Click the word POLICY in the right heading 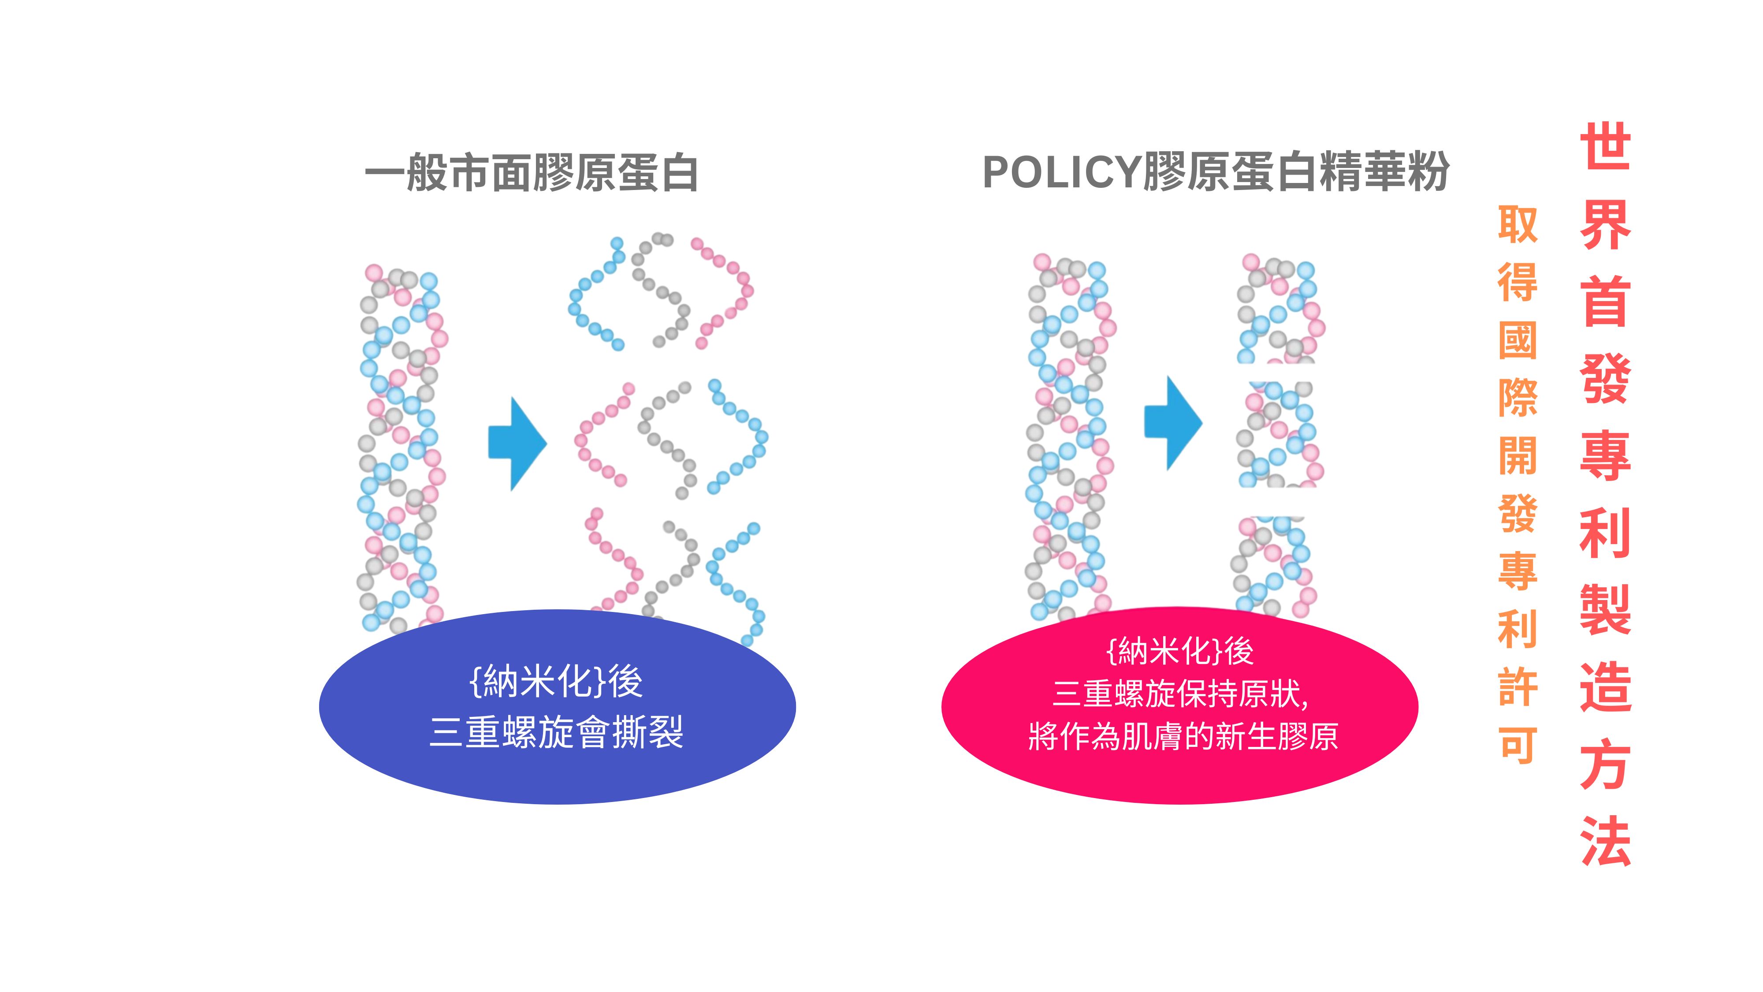[x=1061, y=172]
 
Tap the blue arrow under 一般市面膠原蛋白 [x=517, y=444]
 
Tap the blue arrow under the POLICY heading [x=1172, y=422]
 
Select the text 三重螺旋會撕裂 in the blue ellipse [x=556, y=732]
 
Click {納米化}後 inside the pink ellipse [x=1179, y=651]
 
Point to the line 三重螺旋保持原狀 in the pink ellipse [x=1179, y=694]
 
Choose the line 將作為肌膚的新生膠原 [x=1183, y=737]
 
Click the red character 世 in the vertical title [x=1605, y=146]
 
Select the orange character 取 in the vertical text [x=1518, y=224]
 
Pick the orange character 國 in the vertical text [x=1518, y=340]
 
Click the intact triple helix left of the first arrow [x=400, y=448]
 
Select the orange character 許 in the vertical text [x=1518, y=687]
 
